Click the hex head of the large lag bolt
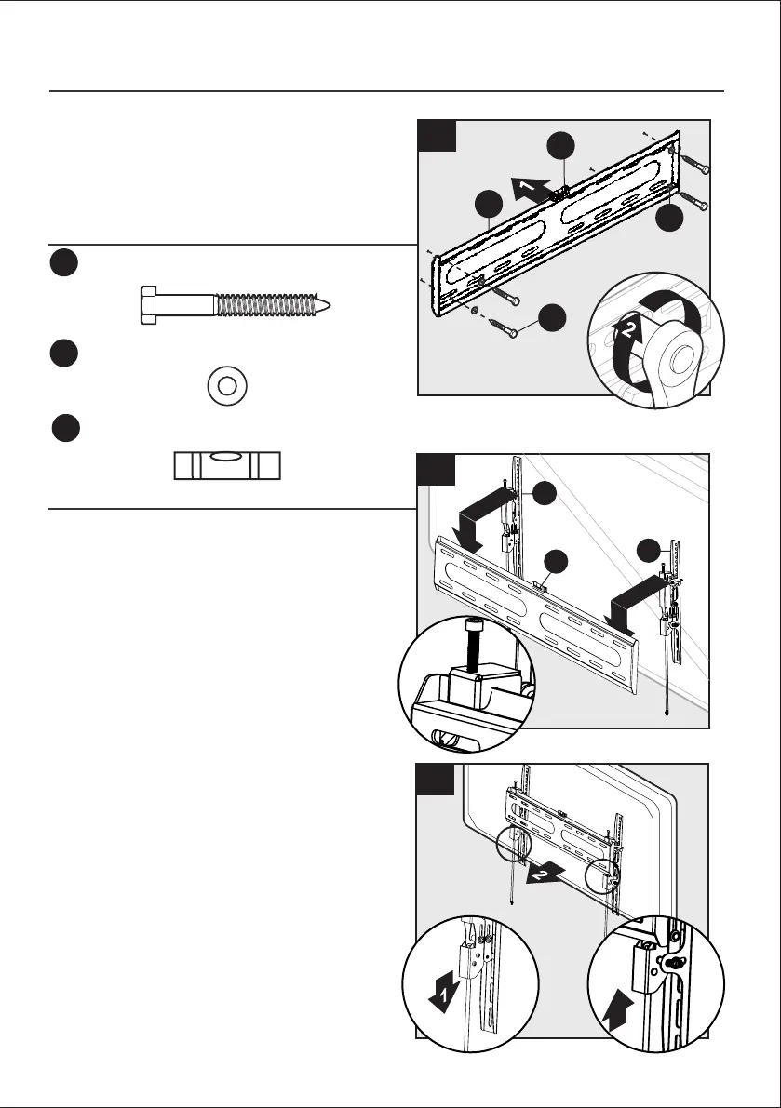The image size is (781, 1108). pyautogui.click(x=148, y=305)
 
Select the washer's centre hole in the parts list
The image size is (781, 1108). pyautogui.click(x=226, y=385)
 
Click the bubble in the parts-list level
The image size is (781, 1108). pyautogui.click(x=227, y=458)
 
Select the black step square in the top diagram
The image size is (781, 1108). pyautogui.click(x=438, y=136)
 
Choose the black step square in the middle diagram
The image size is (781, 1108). pyautogui.click(x=438, y=471)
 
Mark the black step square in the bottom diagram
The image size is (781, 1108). pyautogui.click(x=438, y=781)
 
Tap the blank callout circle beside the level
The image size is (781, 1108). pyautogui.click(x=63, y=430)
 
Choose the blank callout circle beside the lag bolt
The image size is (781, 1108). pyautogui.click(x=63, y=263)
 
